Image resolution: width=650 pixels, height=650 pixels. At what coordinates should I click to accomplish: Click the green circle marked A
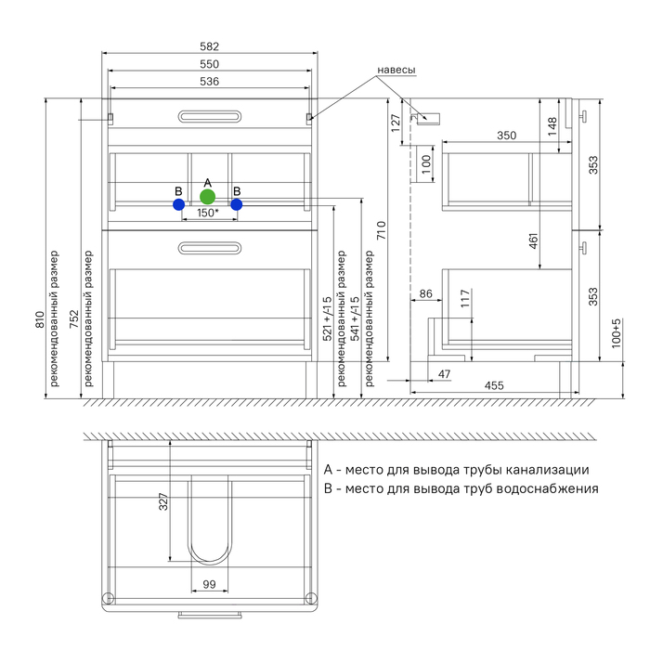(x=208, y=197)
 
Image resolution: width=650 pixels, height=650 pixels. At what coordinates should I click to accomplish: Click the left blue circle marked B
(x=178, y=204)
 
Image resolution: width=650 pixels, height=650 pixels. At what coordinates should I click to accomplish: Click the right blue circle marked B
(x=237, y=204)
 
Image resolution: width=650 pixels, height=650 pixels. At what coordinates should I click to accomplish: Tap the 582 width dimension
(x=209, y=46)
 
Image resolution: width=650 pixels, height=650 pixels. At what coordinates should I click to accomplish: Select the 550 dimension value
(x=209, y=64)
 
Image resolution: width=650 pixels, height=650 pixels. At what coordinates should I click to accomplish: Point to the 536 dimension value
(x=209, y=82)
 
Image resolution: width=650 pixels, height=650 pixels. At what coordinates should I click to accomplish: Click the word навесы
(x=396, y=71)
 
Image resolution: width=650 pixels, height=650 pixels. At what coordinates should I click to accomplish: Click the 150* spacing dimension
(x=207, y=214)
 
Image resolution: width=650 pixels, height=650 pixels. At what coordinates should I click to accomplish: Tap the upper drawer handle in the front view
(x=209, y=117)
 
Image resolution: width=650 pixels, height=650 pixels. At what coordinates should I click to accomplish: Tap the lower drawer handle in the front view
(x=209, y=247)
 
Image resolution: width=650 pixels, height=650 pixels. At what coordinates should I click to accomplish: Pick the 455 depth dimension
(x=494, y=384)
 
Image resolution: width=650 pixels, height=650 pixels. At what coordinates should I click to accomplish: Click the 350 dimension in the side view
(x=506, y=136)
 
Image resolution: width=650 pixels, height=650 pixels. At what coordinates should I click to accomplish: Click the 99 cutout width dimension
(x=208, y=584)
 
